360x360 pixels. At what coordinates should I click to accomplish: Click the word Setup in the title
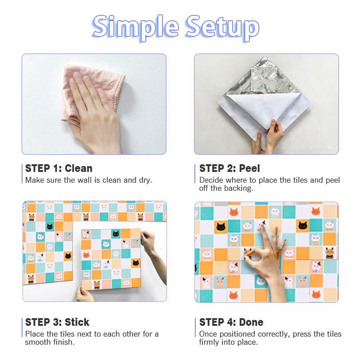[x=222, y=27]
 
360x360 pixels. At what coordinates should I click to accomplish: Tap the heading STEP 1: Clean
[x=58, y=168]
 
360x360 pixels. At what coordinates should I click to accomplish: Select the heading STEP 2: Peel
[x=229, y=168]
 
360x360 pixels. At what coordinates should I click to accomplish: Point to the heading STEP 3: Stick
[x=57, y=322]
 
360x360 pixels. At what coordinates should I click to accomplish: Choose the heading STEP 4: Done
[x=231, y=322]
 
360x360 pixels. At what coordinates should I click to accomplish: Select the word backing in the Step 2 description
[x=236, y=188]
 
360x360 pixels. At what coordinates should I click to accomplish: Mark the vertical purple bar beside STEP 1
[x=22, y=174]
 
